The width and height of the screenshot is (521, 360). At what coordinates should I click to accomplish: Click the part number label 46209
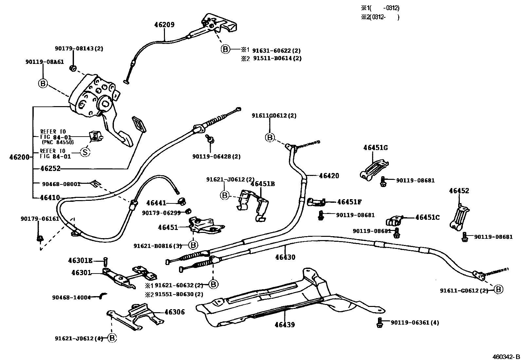(164, 25)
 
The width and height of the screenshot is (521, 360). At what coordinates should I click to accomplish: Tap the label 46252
(50, 168)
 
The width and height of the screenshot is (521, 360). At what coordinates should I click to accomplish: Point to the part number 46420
(329, 176)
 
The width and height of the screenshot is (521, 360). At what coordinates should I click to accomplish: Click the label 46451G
(375, 148)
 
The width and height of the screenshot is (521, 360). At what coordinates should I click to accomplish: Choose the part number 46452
(459, 191)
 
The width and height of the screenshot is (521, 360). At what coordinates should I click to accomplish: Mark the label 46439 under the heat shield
(285, 325)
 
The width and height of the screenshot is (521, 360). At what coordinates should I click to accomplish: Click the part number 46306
(174, 312)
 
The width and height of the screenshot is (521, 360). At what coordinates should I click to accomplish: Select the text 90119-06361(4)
(415, 323)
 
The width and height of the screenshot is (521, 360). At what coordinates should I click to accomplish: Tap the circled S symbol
(85, 152)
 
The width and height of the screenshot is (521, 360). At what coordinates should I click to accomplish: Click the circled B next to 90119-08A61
(43, 84)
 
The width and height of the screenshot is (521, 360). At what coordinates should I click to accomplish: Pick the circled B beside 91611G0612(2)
(269, 138)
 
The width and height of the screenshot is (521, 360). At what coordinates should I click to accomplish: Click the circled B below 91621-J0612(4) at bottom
(112, 338)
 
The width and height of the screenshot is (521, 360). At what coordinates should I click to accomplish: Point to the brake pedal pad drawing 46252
(138, 124)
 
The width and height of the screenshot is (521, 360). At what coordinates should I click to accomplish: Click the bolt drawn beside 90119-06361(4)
(379, 322)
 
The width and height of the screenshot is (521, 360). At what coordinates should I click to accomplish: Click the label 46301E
(80, 261)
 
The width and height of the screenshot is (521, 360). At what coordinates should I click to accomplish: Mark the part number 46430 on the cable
(285, 257)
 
